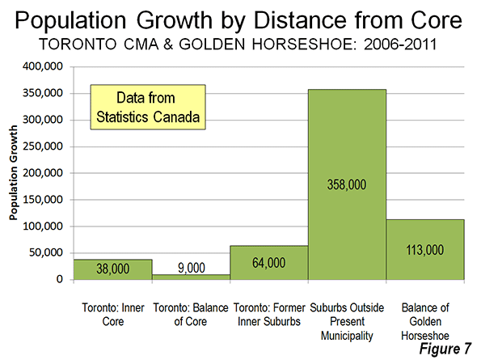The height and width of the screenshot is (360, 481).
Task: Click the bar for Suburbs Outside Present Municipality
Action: pyautogui.click(x=347, y=184)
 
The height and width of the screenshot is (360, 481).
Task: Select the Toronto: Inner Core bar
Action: pyautogui.click(x=113, y=269)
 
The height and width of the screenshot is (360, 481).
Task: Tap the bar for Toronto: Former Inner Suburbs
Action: pyautogui.click(x=269, y=262)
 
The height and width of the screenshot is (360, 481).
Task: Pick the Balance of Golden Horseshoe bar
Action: pyautogui.click(x=425, y=249)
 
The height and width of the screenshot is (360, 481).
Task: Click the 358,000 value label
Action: pyautogui.click(x=347, y=184)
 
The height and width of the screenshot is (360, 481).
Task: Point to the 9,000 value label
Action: pyautogui.click(x=192, y=268)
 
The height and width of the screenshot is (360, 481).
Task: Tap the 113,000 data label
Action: pyautogui.click(x=425, y=250)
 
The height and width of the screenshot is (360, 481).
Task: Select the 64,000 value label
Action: pyautogui.click(x=269, y=263)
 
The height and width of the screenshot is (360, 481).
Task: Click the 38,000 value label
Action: pyautogui.click(x=113, y=269)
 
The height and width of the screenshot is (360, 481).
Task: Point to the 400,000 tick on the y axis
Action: pyautogui.click(x=43, y=66)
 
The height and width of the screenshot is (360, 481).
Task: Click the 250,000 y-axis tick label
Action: pyautogui.click(x=43, y=146)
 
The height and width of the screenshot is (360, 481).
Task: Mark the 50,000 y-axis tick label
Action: pyautogui.click(x=46, y=252)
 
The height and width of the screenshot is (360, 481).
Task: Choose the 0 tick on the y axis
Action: pyautogui.click(x=59, y=279)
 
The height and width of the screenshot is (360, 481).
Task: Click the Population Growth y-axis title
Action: pyautogui.click(x=13, y=173)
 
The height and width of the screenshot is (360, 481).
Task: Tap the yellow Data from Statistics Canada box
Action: pyautogui.click(x=148, y=107)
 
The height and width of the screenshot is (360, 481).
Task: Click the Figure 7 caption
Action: pyautogui.click(x=445, y=349)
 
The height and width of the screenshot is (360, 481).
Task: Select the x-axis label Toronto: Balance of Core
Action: pyautogui.click(x=191, y=315)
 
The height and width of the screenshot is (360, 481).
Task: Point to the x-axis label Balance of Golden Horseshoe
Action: pyautogui.click(x=425, y=322)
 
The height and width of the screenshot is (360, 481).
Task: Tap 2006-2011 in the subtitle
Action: pyautogui.click(x=400, y=44)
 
